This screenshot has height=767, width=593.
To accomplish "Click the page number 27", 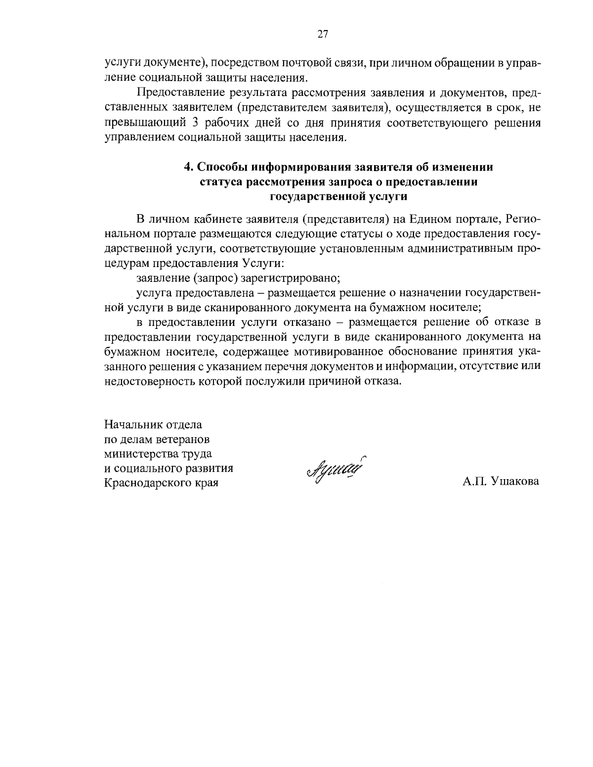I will pos(322,34).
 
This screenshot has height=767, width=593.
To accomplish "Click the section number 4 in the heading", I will pos(187,167).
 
